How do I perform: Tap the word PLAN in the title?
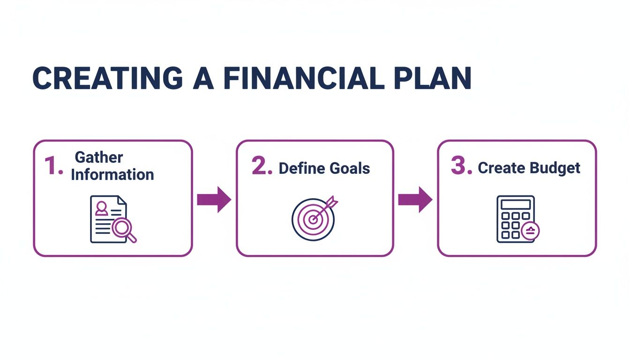click(430, 78)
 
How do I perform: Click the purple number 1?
click(53, 166)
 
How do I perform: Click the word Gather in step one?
click(99, 157)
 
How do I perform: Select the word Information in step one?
click(112, 175)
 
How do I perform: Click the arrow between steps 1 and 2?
click(214, 199)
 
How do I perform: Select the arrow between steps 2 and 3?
click(415, 199)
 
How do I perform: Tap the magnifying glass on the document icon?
click(124, 230)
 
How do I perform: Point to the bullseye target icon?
click(313, 219)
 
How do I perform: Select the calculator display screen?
click(516, 204)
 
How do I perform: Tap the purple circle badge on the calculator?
click(531, 231)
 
